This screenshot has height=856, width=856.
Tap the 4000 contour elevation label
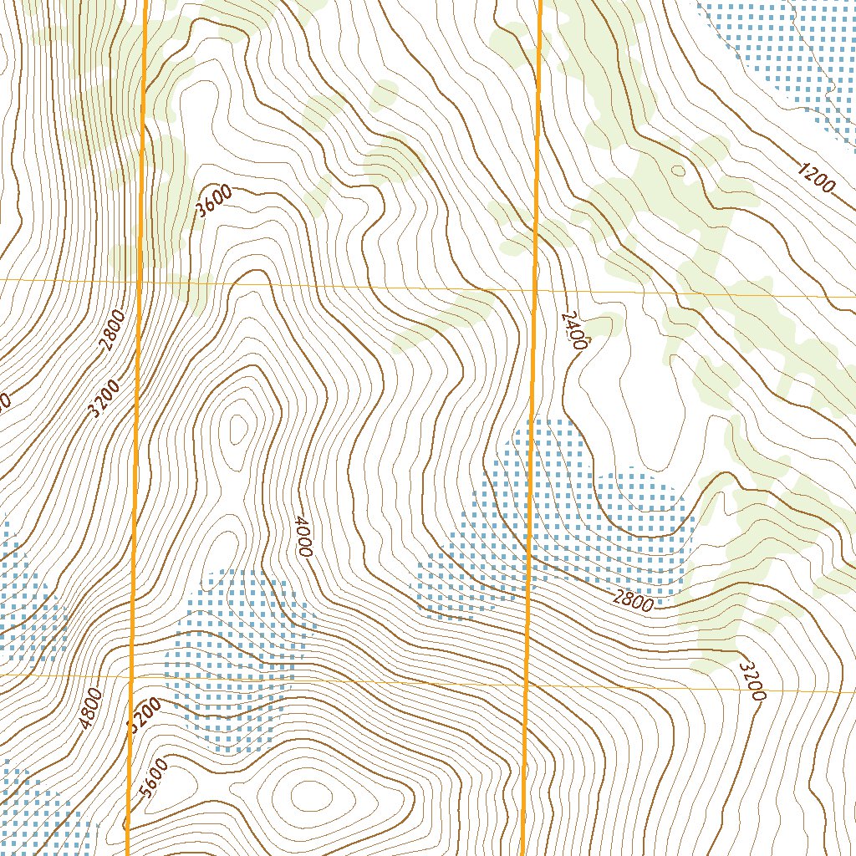tap(303, 536)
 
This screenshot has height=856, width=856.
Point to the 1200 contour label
tap(815, 177)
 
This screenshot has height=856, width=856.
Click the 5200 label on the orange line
tap(143, 716)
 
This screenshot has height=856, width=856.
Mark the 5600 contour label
tap(155, 777)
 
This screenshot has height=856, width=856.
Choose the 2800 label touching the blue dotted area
tap(633, 599)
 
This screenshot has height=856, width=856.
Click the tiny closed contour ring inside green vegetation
tap(678, 171)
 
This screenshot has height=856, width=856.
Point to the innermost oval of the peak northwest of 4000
tap(239, 430)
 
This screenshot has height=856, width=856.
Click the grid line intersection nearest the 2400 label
tap(534, 291)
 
